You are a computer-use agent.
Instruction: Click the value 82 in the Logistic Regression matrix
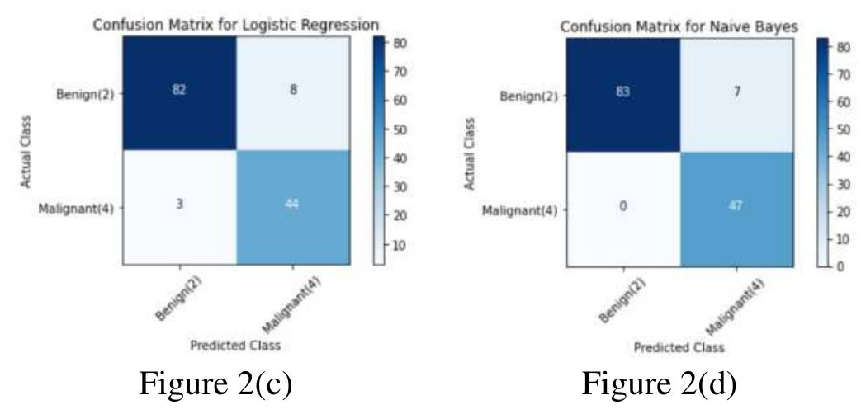click(x=180, y=90)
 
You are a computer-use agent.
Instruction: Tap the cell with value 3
click(x=180, y=205)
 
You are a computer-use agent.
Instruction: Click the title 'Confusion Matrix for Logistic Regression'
click(x=236, y=24)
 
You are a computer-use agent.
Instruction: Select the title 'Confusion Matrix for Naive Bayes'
click(x=679, y=26)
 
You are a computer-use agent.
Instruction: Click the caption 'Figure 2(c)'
click(x=215, y=384)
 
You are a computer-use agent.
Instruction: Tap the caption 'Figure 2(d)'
click(x=660, y=384)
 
